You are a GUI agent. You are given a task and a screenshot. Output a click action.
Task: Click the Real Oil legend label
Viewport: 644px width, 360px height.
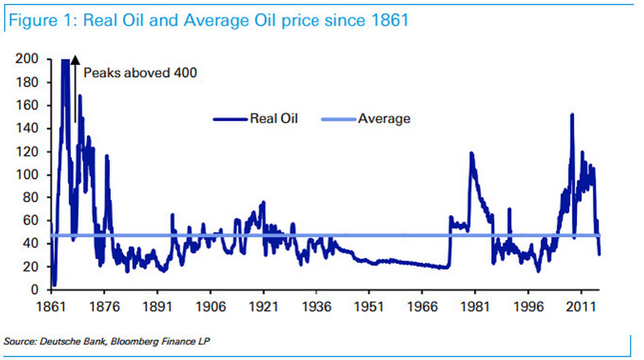pyautogui.click(x=273, y=119)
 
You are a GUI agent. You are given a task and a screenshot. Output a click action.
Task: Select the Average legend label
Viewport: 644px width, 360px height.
pyautogui.click(x=384, y=119)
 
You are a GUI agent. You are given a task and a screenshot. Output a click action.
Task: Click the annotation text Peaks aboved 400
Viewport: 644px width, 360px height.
pyautogui.click(x=140, y=73)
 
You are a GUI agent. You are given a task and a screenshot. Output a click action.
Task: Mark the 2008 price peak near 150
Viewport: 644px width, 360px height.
pyautogui.click(x=572, y=115)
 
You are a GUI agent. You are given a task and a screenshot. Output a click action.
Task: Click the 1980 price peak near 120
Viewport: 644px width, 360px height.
pyautogui.click(x=471, y=154)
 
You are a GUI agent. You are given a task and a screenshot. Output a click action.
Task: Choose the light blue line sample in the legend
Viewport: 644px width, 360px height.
pyautogui.click(x=338, y=119)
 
